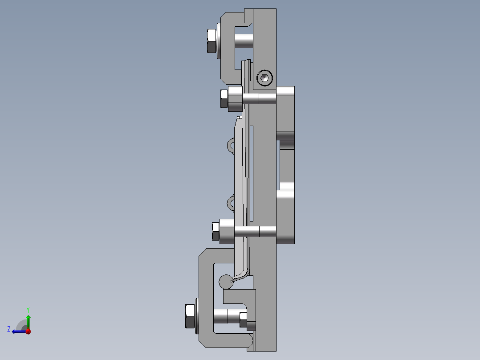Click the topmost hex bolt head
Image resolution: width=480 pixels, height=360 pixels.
coord(212,41)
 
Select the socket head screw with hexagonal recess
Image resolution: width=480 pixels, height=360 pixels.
coord(264,78)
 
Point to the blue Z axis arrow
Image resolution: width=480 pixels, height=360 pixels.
coord(18,331)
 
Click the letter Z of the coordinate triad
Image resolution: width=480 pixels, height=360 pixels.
coord(9,329)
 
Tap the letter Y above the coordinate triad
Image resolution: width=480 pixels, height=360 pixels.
coord(28,309)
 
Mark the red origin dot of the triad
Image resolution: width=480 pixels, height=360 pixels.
coord(28,331)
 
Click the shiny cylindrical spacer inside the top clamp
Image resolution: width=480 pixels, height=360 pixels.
coord(244,41)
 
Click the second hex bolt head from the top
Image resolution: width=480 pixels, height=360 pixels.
coord(224,98)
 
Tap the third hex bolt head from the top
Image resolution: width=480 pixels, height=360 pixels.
coord(216,232)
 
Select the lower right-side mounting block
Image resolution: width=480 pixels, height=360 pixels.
coord(285,217)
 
